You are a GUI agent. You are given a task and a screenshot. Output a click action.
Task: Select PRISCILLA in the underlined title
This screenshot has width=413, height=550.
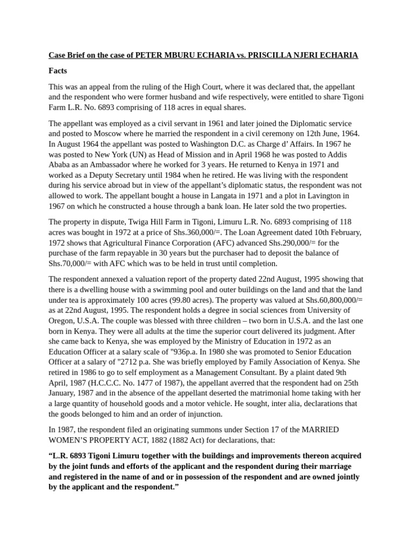[280, 55]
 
